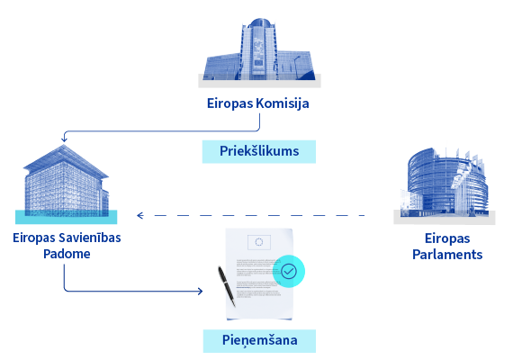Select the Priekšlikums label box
[x=259, y=151]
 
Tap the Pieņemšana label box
[x=259, y=341]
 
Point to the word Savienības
[x=94, y=238]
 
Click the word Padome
[x=67, y=254]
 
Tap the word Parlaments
[x=447, y=255]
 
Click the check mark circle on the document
[x=289, y=271]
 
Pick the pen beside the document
[x=227, y=286]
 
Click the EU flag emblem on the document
[x=259, y=242]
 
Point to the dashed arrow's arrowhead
[x=140, y=215]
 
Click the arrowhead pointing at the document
[x=200, y=291]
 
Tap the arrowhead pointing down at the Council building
[x=64, y=139]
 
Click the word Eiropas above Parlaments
[x=447, y=238]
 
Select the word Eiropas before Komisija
[x=230, y=103]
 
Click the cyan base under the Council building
[x=66, y=217]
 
